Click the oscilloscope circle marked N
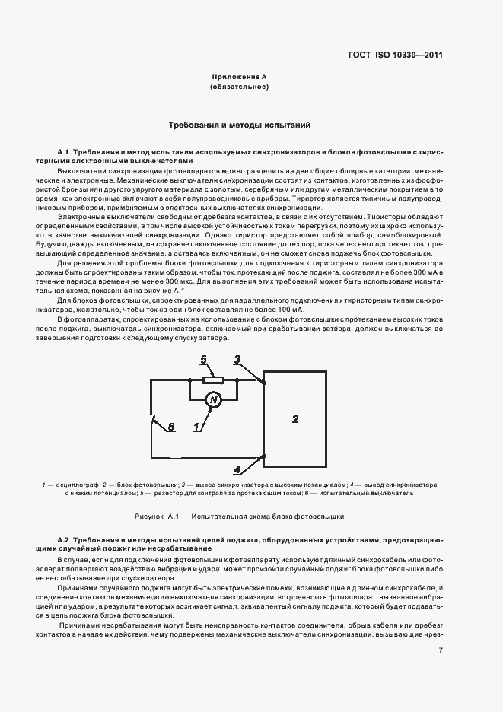[214, 399]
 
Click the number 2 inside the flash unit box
[296, 418]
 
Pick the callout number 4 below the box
[237, 469]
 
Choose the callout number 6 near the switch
[171, 427]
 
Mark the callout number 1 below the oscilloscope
[196, 428]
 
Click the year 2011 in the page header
[430, 56]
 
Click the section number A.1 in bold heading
[63, 151]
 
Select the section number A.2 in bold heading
[63, 539]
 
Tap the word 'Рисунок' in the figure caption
[148, 516]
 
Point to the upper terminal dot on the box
[263, 381]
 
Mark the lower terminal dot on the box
[263, 456]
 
